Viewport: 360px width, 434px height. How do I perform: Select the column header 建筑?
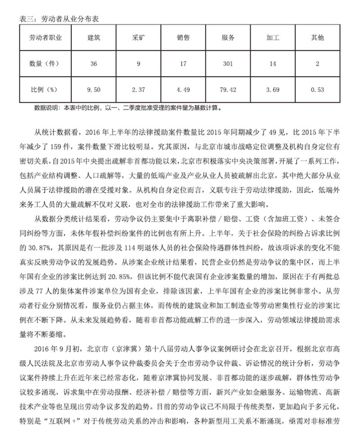pyautogui.click(x=94, y=38)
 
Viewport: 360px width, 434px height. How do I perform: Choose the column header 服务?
pyautogui.click(x=228, y=38)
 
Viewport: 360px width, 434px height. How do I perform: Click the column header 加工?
pyautogui.click(x=273, y=38)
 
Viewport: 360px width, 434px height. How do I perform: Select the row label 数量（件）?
pyautogui.click(x=45, y=63)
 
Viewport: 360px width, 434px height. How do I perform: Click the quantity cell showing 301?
pyautogui.click(x=228, y=63)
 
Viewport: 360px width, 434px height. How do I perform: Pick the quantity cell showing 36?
pyautogui.click(x=94, y=63)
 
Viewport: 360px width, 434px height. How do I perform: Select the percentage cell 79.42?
pyautogui.click(x=228, y=89)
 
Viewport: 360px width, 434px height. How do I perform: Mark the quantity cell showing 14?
pyautogui.click(x=273, y=63)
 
